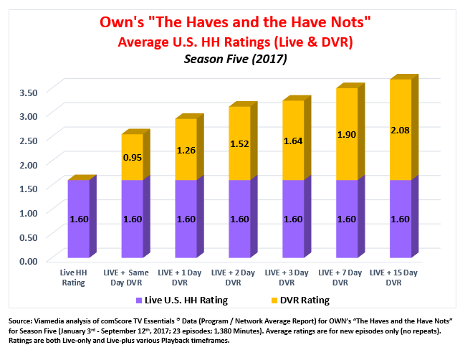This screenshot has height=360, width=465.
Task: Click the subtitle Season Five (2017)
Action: (236, 60)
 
